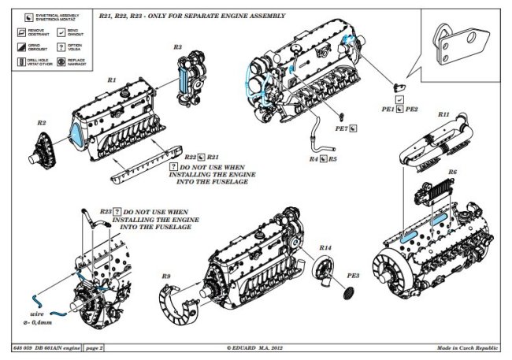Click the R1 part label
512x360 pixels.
pos(111,80)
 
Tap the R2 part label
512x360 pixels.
pos(42,123)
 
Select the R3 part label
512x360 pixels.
pos(177,48)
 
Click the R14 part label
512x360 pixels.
pos(325,248)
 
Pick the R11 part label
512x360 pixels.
pos(443,115)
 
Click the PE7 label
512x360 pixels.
pos(341,128)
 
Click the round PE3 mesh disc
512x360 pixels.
pos(343,295)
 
